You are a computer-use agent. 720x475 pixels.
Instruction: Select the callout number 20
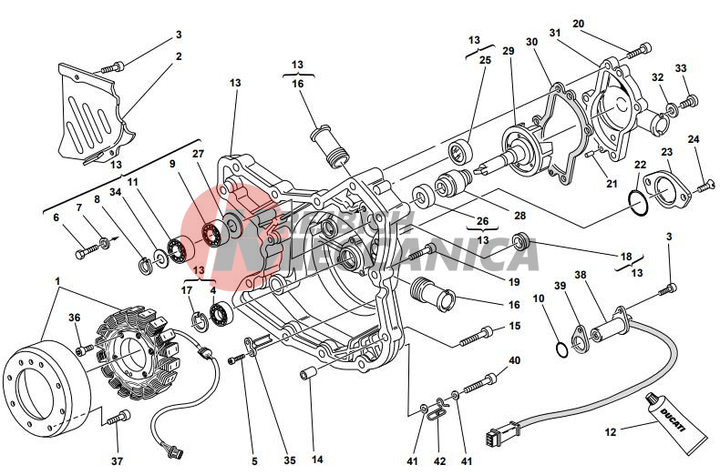578,24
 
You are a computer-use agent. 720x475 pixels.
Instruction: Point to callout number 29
508,51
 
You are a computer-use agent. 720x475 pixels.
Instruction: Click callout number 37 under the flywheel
117,461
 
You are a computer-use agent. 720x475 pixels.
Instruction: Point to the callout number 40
515,360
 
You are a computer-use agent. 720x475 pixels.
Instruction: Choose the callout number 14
317,460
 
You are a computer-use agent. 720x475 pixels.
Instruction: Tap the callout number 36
75,318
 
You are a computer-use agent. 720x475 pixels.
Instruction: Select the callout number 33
680,68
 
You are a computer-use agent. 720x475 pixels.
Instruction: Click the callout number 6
56,217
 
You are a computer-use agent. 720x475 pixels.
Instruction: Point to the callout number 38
580,274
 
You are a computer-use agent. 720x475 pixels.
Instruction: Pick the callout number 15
514,326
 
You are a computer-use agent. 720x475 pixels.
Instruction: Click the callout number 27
198,154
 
